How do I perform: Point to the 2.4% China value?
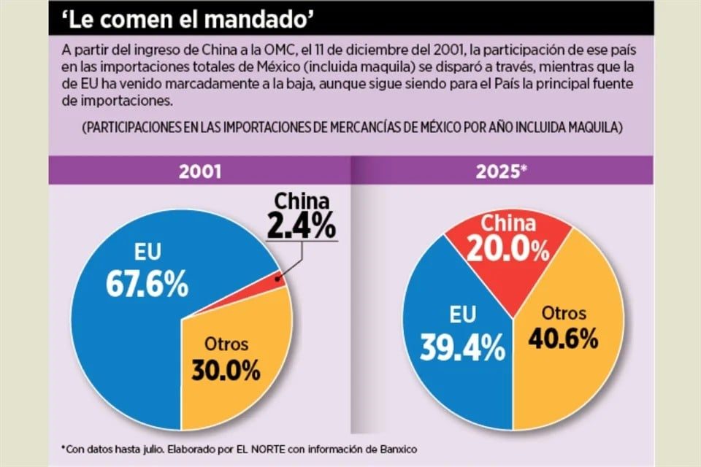click(x=300, y=225)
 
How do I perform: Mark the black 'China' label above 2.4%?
click(x=302, y=201)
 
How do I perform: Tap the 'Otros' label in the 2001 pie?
click(x=226, y=344)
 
